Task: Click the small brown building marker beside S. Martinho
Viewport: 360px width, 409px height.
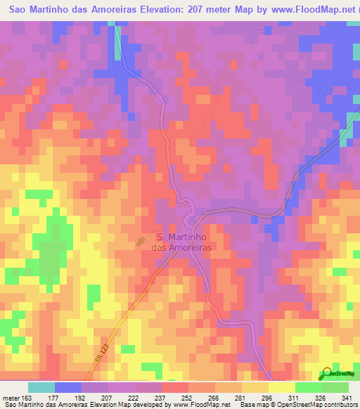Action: coord(141,241)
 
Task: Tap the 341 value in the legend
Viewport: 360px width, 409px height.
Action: coord(345,397)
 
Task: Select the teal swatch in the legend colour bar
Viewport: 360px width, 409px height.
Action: coord(41,387)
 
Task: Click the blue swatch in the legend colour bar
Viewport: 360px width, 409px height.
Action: coord(68,387)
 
